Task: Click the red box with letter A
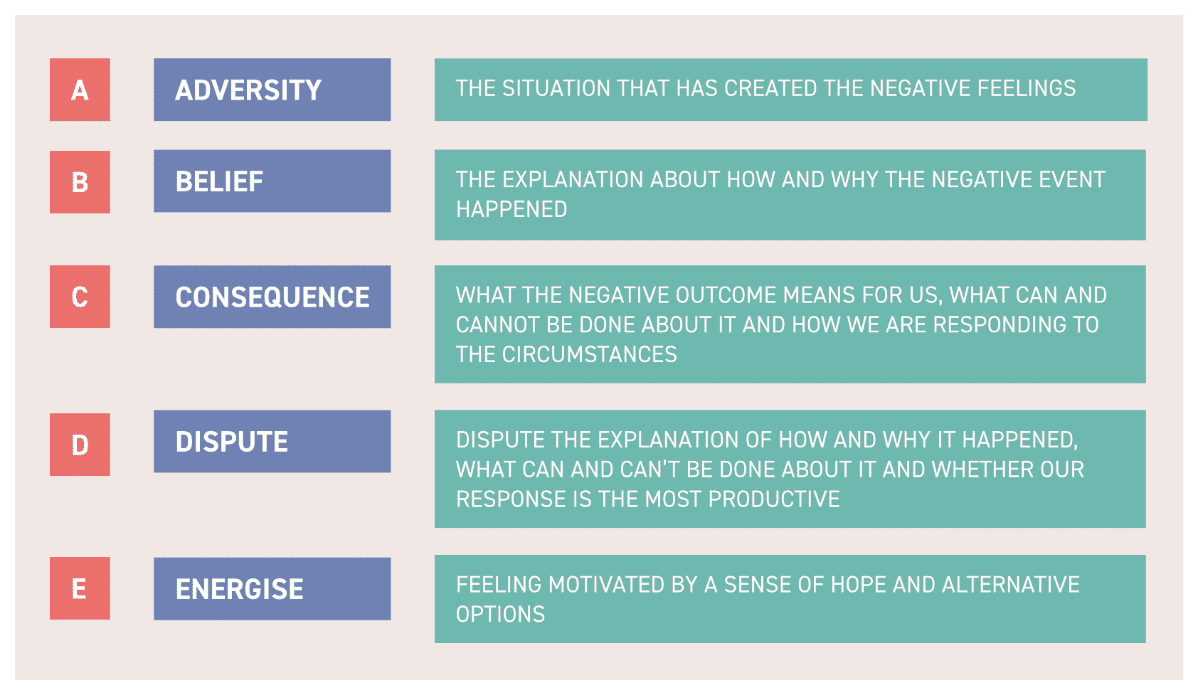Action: (80, 90)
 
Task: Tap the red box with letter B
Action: (80, 182)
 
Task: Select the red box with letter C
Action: (80, 297)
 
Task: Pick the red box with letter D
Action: (80, 445)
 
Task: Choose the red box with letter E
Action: (80, 588)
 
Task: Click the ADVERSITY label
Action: (248, 90)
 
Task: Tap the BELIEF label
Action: (219, 181)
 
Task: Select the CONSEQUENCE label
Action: (272, 297)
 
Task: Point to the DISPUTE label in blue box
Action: (232, 442)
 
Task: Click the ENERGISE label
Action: (240, 589)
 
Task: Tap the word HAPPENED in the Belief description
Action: (511, 209)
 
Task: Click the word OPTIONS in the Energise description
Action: (500, 614)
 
